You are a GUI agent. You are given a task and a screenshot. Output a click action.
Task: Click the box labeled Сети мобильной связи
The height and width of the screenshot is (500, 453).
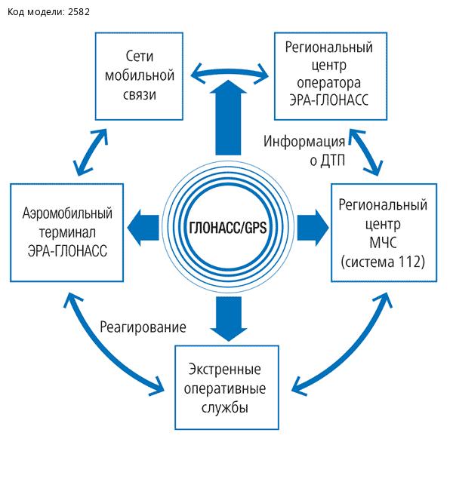[140, 75]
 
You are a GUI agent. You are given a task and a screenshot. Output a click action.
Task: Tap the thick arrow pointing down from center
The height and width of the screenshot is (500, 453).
[226, 317]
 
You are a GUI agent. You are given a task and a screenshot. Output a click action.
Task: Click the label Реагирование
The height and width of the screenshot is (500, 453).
[142, 327]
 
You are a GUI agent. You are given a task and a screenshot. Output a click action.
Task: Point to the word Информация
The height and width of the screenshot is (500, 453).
[304, 143]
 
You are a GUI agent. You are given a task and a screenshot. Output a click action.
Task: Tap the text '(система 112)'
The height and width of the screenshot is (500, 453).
[383, 262]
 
